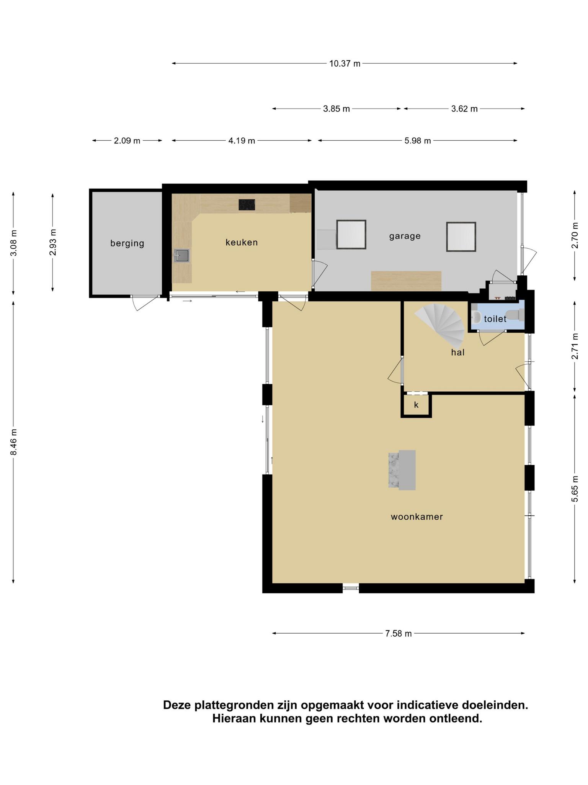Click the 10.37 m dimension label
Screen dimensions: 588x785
click(345, 64)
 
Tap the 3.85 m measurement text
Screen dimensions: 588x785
click(336, 109)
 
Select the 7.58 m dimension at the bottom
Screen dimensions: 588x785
click(398, 634)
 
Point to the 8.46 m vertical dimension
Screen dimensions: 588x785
click(14, 442)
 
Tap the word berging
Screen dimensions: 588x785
click(127, 243)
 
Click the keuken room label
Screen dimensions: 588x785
click(242, 242)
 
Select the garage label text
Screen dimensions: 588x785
click(405, 236)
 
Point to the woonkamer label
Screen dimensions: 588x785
click(416, 517)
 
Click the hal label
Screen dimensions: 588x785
click(457, 352)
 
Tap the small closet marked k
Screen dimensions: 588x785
click(416, 405)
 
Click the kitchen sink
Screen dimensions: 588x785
click(182, 256)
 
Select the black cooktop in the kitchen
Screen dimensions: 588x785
click(247, 205)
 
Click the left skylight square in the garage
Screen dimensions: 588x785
click(351, 235)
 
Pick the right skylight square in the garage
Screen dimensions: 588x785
click(461, 237)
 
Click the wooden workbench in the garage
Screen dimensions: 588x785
click(406, 281)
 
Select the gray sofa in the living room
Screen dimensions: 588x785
click(402, 470)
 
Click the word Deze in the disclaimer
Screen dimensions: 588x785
click(177, 705)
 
